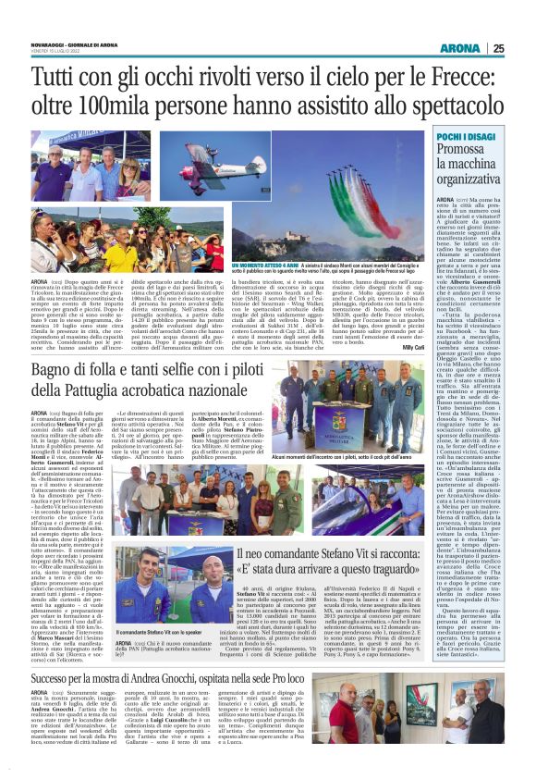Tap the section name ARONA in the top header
click(459, 48)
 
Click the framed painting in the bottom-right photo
click(420, 736)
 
